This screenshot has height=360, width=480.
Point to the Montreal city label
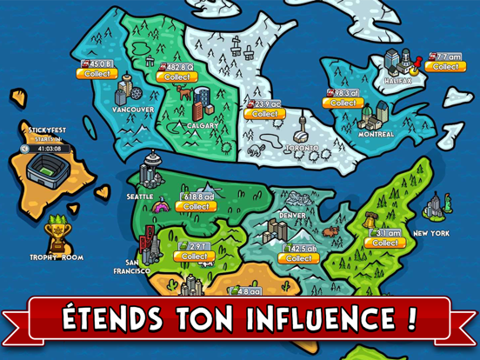coord(377,134)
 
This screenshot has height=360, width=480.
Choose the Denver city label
coord(293,214)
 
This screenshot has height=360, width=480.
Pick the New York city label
coord(431,233)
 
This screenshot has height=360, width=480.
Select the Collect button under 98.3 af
coord(342,103)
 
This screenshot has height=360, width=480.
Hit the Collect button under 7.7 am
coord(446,66)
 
